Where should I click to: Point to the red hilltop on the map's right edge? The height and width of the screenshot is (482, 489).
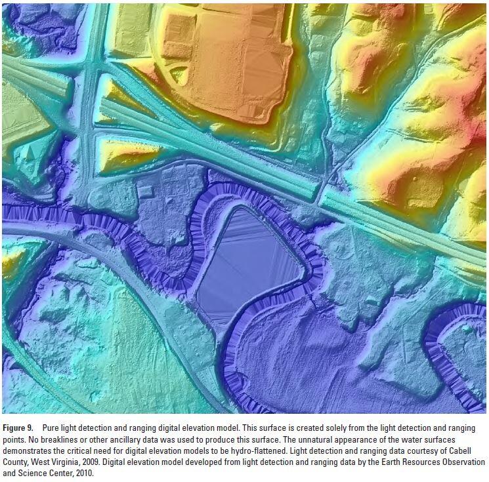[x=478, y=128]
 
